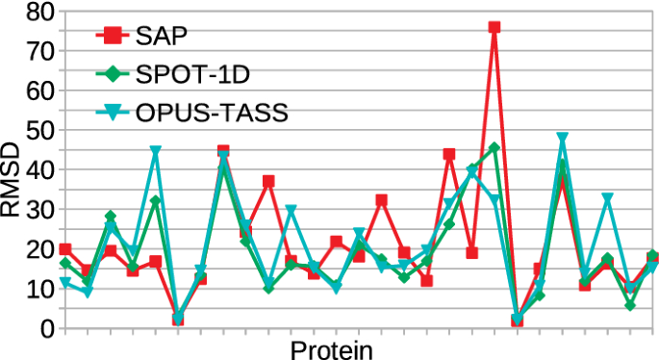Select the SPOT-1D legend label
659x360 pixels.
(x=192, y=73)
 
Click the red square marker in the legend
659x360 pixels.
(x=113, y=36)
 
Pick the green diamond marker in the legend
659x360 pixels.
(x=113, y=73)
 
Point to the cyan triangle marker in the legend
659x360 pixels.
(x=113, y=113)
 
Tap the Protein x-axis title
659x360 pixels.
(x=331, y=347)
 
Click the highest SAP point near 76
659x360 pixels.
(x=494, y=28)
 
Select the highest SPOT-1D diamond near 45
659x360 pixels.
(x=494, y=148)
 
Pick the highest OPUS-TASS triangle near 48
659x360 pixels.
(x=563, y=139)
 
